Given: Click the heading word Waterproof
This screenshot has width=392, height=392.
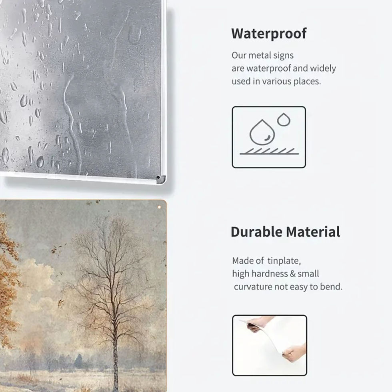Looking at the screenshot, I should click(x=269, y=34).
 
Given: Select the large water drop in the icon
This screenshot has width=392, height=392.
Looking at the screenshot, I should click(x=262, y=132).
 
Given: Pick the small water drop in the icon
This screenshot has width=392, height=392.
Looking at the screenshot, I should click(x=284, y=119).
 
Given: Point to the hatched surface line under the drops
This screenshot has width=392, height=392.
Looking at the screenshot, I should click(x=269, y=151).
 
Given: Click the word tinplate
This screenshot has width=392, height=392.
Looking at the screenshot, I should click(x=283, y=261).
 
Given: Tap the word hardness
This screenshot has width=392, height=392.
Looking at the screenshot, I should click(x=272, y=274).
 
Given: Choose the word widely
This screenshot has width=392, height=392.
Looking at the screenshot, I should click(x=322, y=68).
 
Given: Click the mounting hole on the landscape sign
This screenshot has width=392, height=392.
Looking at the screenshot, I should click(x=159, y=208).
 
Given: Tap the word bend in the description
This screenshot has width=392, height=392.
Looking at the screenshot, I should click(x=332, y=287).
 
